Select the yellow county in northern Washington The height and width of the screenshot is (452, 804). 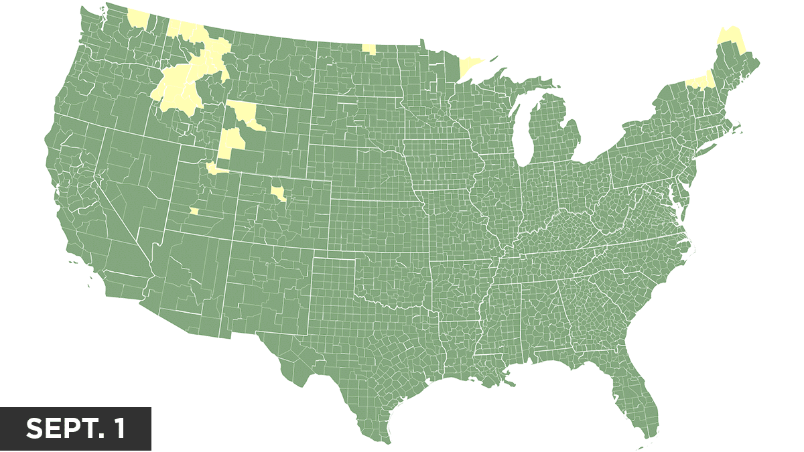click(137, 19)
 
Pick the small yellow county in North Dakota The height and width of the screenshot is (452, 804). click(368, 49)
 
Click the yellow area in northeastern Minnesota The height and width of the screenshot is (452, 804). click(470, 66)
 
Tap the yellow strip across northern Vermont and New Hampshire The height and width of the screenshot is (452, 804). click(699, 81)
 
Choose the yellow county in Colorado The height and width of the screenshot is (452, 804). click(279, 193)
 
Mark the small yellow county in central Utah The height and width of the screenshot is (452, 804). click(194, 211)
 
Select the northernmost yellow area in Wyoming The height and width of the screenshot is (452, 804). click(245, 114)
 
